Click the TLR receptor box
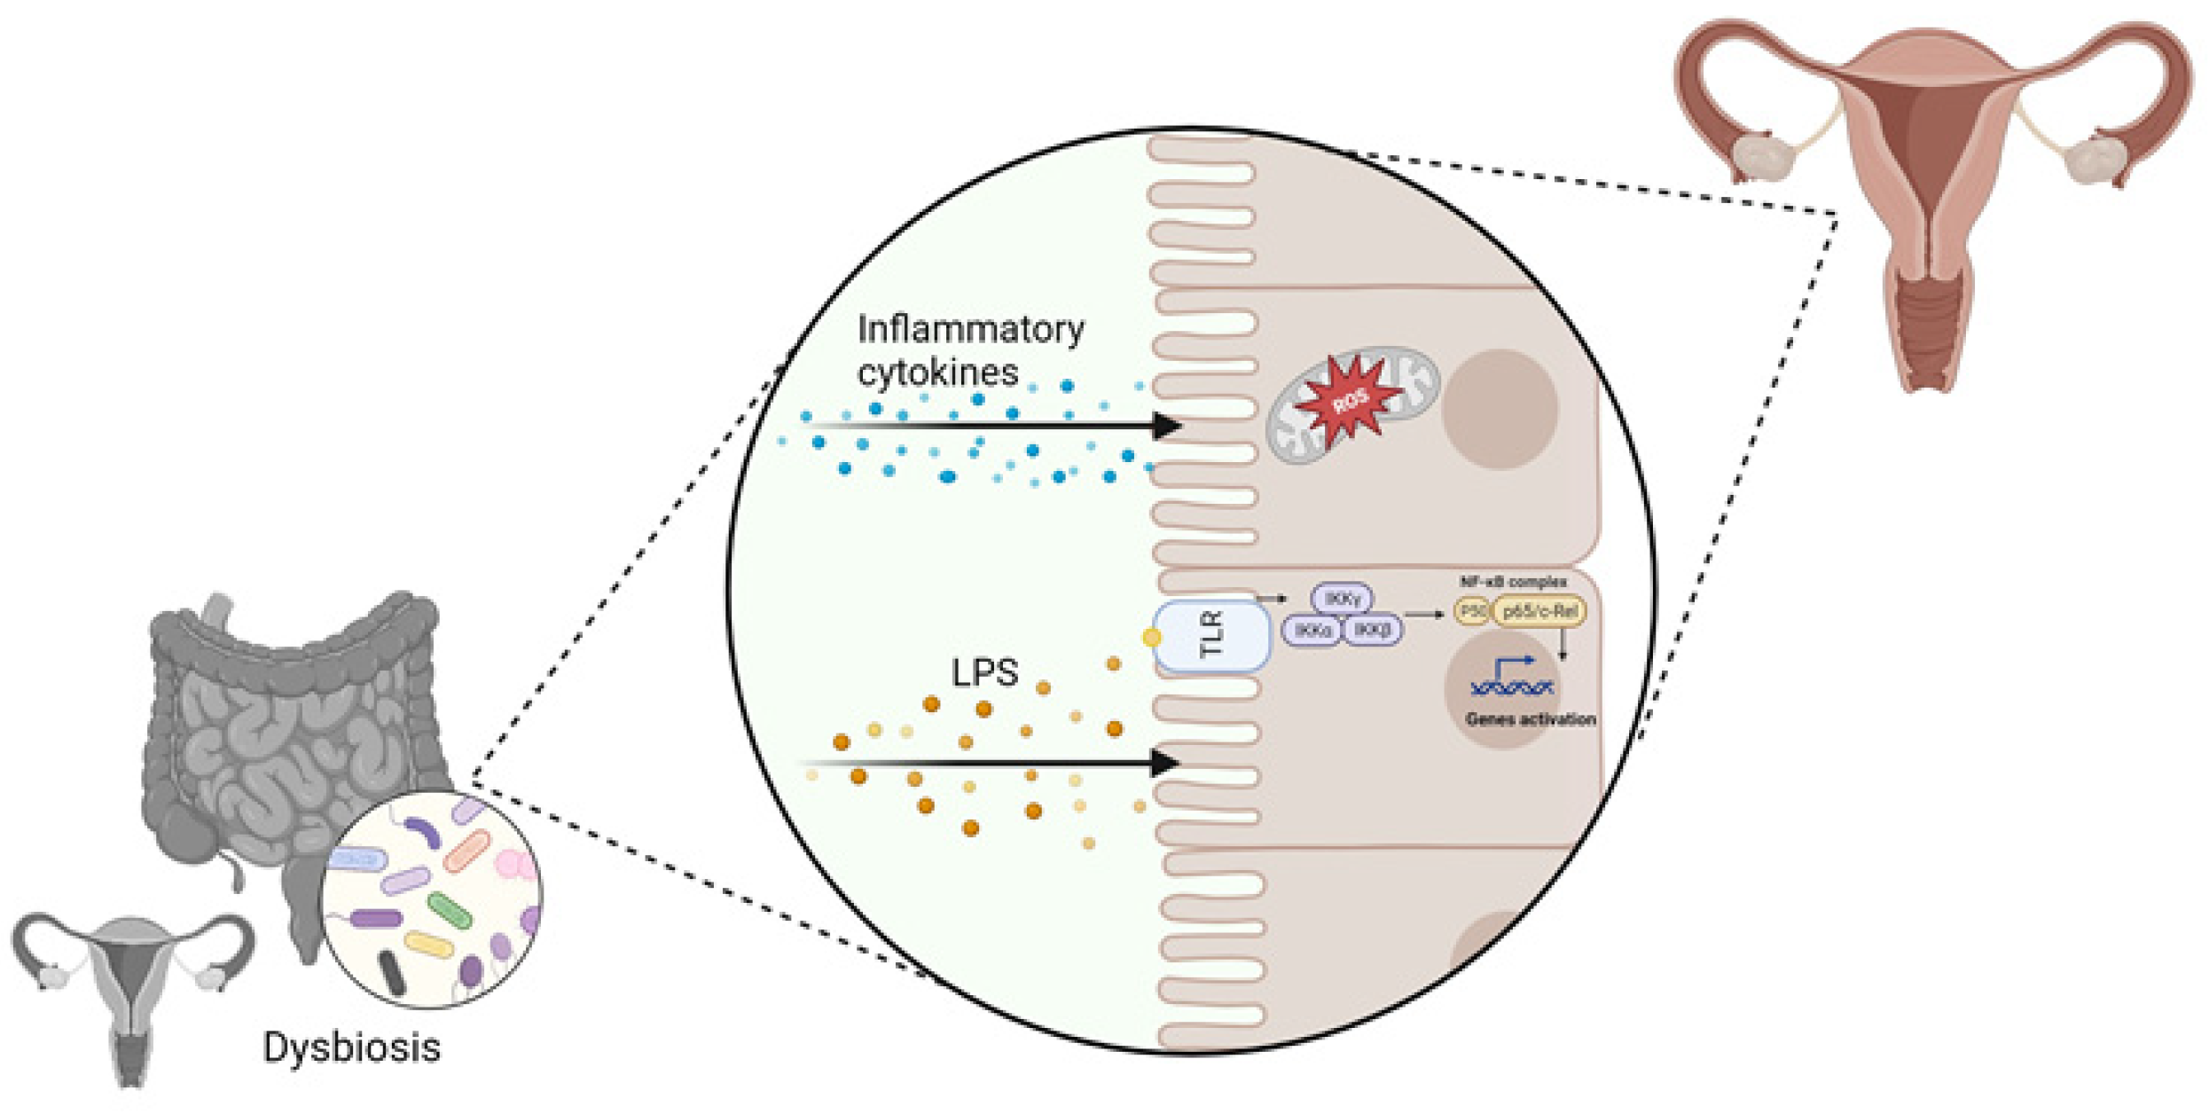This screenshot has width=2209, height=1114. [1212, 635]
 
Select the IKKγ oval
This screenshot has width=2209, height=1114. [1342, 600]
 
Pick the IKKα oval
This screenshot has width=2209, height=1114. [1312, 631]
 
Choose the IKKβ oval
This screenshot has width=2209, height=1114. [1373, 630]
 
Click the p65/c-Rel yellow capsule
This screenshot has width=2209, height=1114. [1539, 611]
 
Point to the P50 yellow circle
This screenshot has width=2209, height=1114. [1473, 611]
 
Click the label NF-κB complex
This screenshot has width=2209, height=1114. [1513, 583]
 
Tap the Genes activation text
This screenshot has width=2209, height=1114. [1531, 719]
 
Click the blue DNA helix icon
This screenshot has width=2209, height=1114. [1511, 686]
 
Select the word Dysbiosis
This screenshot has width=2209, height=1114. [352, 1048]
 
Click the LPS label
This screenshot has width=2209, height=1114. [984, 673]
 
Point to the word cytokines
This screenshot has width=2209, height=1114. [938, 373]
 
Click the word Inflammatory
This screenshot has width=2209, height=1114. [970, 330]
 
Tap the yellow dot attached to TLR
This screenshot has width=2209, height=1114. [1151, 637]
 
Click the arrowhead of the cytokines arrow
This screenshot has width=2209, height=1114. [1166, 426]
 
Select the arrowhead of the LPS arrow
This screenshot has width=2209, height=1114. [1164, 763]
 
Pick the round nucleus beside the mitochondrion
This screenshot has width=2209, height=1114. [1500, 409]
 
